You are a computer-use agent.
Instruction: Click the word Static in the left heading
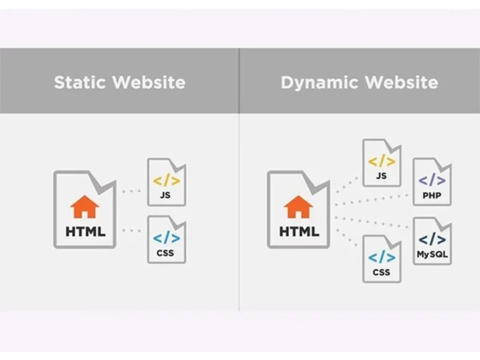click(80, 83)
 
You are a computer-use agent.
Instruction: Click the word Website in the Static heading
click(149, 83)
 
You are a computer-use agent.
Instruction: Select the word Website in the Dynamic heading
click(402, 83)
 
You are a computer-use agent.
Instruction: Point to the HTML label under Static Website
click(85, 232)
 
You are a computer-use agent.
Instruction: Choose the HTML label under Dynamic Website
click(299, 232)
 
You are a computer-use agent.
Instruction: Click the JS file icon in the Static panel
click(167, 182)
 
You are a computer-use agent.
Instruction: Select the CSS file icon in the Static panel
click(167, 240)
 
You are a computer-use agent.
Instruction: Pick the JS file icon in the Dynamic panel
click(382, 163)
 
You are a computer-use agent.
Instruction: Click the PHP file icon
click(432, 181)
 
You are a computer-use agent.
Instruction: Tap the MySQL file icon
click(432, 241)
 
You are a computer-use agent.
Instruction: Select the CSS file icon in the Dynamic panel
click(382, 259)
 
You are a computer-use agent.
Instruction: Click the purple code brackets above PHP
click(432, 180)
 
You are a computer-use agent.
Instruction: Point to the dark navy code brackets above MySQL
click(432, 239)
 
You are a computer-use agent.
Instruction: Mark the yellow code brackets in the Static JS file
click(167, 180)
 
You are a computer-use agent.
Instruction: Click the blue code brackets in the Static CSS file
click(167, 238)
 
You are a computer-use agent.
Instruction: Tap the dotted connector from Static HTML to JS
click(131, 192)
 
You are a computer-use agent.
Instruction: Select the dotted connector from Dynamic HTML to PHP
click(372, 200)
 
